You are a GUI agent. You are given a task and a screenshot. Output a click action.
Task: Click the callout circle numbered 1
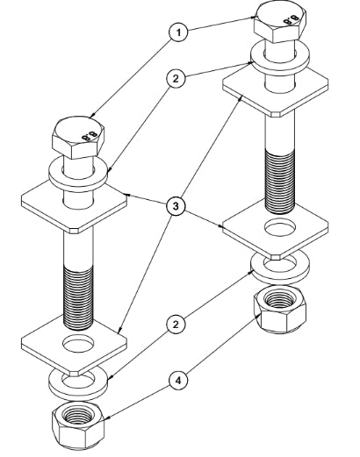tap(178, 32)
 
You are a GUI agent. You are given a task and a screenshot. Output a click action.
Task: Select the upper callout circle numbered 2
tap(176, 78)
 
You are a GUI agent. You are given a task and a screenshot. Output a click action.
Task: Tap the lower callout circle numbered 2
tap(176, 325)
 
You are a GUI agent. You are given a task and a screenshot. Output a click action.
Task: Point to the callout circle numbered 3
tap(176, 206)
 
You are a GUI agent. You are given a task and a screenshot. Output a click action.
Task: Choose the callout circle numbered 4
tap(178, 381)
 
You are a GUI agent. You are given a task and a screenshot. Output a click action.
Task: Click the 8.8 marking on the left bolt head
tap(90, 136)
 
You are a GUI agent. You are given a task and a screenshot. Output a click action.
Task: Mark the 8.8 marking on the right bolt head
tap(291, 20)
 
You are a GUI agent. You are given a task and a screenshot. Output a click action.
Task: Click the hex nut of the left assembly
tap(78, 425)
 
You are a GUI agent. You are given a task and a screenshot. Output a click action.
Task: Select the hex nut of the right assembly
tap(280, 310)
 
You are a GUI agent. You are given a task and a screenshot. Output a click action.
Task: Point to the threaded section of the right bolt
tap(280, 181)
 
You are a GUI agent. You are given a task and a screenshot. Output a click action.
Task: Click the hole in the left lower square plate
tap(78, 344)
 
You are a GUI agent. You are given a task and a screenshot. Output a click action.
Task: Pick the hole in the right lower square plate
tap(280, 227)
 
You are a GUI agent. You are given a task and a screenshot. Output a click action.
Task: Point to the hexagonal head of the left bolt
tap(78, 138)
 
